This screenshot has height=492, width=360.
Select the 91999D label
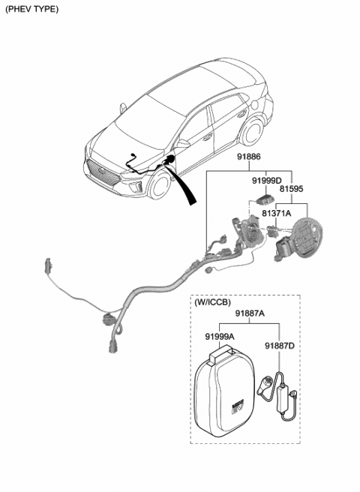265,181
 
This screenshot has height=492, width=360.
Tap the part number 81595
292,190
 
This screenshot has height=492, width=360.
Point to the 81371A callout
277,214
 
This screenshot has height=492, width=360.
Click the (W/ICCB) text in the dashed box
215,303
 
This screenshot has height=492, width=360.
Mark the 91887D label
279,346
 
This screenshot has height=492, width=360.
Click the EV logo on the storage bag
236,409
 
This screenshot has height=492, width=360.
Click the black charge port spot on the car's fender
171,159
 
